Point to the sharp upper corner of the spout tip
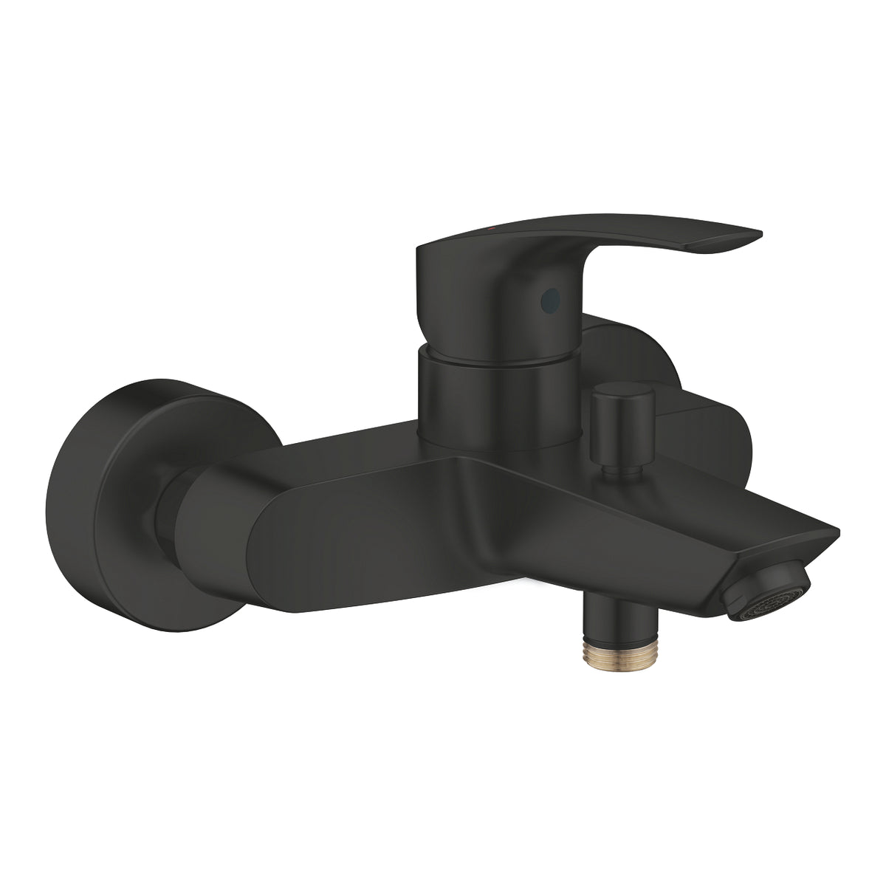(x=837, y=530)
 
